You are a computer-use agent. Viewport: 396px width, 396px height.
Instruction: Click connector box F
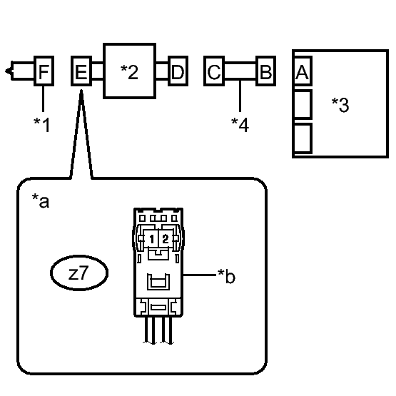click(44, 71)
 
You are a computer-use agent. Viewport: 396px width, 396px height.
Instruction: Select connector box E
click(81, 71)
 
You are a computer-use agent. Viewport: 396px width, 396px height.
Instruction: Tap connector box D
click(178, 71)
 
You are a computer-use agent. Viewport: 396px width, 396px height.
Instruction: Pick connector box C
click(214, 71)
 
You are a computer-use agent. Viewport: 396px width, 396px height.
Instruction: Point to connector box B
click(265, 71)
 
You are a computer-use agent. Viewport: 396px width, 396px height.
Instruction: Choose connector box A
click(303, 71)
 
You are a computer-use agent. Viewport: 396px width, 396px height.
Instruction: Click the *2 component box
click(130, 71)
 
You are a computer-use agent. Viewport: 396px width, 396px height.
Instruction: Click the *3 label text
click(340, 105)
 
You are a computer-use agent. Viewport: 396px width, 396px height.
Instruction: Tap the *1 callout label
click(42, 125)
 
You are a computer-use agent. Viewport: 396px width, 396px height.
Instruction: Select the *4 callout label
click(240, 125)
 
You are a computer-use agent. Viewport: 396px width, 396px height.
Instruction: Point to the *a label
click(41, 201)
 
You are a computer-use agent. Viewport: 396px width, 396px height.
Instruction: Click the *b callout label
click(226, 276)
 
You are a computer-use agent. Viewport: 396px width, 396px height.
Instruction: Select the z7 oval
click(79, 273)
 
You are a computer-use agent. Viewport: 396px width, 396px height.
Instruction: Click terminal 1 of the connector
click(151, 239)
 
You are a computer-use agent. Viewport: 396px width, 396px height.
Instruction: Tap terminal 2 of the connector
click(166, 239)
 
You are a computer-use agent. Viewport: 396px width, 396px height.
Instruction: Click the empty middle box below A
click(303, 104)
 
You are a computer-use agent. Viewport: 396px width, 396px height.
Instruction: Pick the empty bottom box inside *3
click(303, 138)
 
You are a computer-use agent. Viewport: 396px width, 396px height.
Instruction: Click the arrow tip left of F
click(5, 71)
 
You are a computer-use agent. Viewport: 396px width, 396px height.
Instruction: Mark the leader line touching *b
click(200, 275)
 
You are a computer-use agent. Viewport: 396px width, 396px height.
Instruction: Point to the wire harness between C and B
click(240, 71)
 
